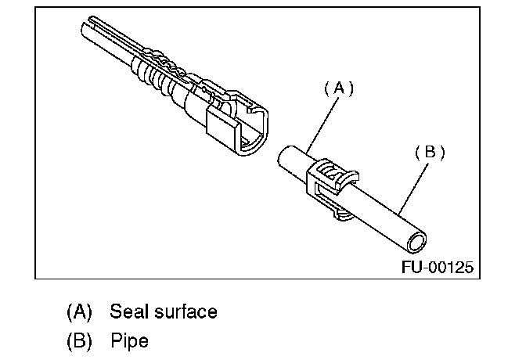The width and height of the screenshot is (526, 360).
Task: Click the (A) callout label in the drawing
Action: pyautogui.click(x=339, y=88)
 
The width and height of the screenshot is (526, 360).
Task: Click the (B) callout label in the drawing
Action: pyautogui.click(x=429, y=153)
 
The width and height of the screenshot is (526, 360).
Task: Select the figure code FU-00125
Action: pyautogui.click(x=438, y=267)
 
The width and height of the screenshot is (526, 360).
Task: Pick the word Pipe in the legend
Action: pyautogui.click(x=129, y=341)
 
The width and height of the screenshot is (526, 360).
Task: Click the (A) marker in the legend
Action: pyautogui.click(x=79, y=311)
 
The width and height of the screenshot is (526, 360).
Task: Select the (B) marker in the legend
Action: pyautogui.click(x=79, y=341)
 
